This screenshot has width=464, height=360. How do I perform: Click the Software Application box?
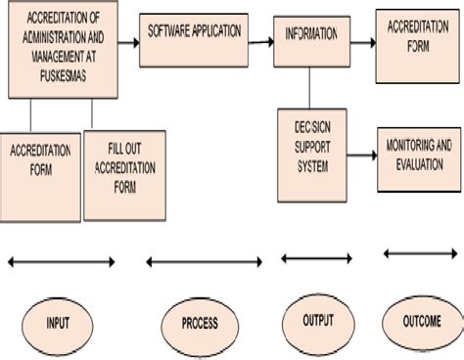tap(193, 40)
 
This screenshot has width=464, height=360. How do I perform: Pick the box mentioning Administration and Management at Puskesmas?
tap(63, 50)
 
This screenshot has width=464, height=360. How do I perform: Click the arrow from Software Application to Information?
tap(258, 41)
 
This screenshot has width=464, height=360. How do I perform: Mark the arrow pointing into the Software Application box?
tap(128, 41)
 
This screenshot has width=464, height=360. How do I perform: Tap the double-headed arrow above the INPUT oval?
tap(61, 261)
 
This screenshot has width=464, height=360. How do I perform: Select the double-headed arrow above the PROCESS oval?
tap(203, 261)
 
